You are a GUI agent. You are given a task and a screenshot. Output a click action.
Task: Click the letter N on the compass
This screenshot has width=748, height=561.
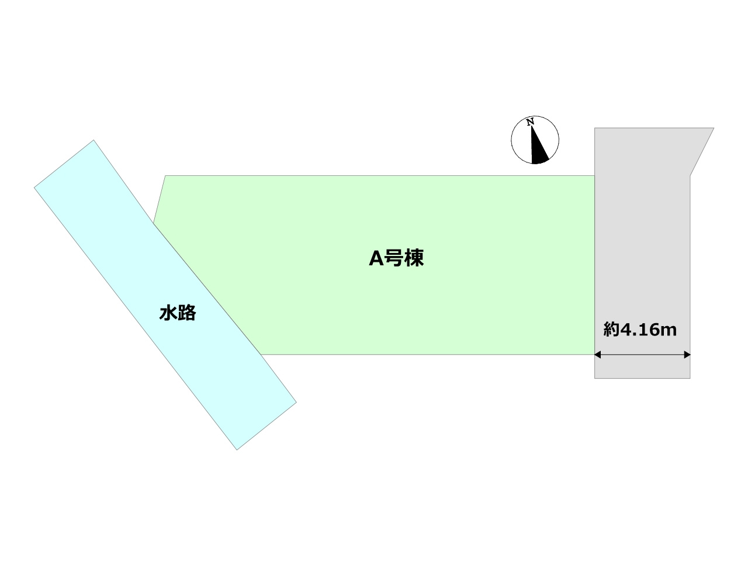[x=530, y=122]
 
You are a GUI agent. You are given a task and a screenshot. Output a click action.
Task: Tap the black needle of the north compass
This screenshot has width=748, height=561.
[x=538, y=148]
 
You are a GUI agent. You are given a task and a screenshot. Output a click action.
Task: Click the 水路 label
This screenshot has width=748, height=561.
[x=178, y=313]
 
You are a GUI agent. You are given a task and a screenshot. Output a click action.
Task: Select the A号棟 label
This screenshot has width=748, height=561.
[x=396, y=258]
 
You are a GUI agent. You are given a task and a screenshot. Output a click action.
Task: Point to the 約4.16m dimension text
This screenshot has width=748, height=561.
[x=640, y=330]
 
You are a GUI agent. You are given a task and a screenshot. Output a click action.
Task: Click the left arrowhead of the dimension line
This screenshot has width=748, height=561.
[x=598, y=355]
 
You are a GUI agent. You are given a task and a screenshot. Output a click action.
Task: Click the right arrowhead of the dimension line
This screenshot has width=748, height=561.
[x=687, y=355]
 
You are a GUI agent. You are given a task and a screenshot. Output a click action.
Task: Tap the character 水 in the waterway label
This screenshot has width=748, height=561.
[x=168, y=313]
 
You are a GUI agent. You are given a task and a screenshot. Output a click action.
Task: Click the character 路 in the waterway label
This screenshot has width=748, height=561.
[x=187, y=313]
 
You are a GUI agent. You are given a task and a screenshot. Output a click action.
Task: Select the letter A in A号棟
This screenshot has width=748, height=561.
[x=376, y=258]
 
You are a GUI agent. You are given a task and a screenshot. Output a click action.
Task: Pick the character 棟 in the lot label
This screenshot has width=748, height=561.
[x=414, y=258]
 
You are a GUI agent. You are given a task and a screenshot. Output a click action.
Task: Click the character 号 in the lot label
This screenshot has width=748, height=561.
[x=394, y=258]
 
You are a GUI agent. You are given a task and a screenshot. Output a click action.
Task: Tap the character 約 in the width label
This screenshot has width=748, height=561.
[x=611, y=330]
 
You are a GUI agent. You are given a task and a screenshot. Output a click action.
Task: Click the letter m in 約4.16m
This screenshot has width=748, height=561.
[x=669, y=331]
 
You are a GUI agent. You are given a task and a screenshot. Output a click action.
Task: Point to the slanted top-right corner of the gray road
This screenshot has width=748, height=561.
[x=714, y=128]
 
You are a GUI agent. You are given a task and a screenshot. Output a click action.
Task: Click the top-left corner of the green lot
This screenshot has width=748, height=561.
[x=165, y=176]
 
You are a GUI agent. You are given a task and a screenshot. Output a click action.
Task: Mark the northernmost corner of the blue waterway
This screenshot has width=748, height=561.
[x=93, y=140]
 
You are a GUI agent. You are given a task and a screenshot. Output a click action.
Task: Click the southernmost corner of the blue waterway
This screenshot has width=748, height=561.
[x=237, y=450]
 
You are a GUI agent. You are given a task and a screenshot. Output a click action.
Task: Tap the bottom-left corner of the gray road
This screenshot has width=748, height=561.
[x=595, y=378]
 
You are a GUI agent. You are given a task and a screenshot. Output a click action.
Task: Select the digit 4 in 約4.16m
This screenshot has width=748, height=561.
[x=627, y=330]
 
